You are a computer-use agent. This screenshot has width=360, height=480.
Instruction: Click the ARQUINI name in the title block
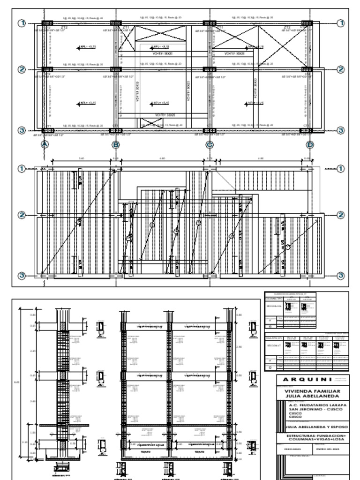coord(311,379)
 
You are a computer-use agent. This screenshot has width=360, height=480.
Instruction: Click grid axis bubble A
coord(45,144)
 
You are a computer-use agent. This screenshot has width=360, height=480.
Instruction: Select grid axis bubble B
coord(116,144)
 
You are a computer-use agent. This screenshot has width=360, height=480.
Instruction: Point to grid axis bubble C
coord(210,144)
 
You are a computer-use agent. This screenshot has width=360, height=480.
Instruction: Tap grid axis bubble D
coord(310,144)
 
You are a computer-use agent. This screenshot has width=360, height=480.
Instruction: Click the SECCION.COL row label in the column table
coord(274,307)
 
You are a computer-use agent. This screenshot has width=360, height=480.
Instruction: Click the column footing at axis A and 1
coord(47,23)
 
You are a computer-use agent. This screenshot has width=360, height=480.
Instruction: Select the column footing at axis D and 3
coord(307,130)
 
